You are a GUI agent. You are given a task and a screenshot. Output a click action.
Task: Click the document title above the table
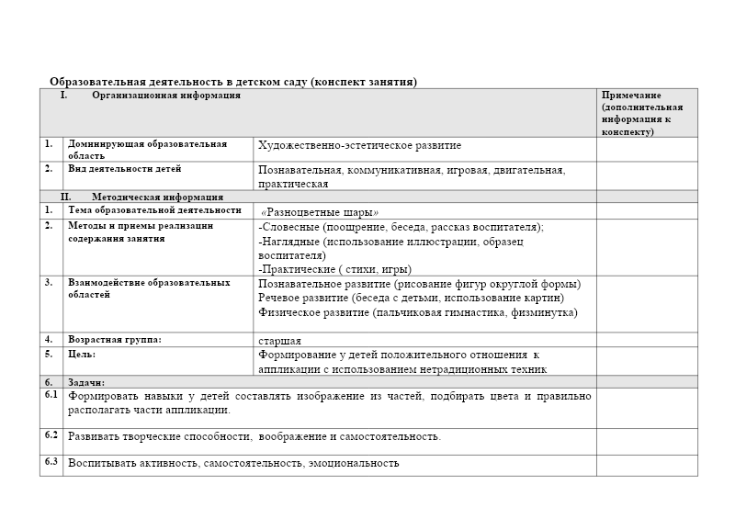coord(233,82)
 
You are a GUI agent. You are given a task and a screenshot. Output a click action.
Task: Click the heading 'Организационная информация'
coord(166,95)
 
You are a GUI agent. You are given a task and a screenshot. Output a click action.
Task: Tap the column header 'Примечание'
coord(632,95)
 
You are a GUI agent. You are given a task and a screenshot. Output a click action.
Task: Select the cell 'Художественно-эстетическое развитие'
coord(359,145)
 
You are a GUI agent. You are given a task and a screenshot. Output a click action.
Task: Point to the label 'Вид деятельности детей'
coord(124,169)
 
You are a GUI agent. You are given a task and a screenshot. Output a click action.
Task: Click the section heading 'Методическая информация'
coord(157,197)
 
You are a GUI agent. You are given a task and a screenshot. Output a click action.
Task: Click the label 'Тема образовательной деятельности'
coord(154,210)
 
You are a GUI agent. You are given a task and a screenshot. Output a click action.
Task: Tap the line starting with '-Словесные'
coord(401,227)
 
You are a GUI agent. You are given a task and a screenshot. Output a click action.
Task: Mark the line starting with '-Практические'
coord(334,269)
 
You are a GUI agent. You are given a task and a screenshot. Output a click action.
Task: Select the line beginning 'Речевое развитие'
coord(411,298)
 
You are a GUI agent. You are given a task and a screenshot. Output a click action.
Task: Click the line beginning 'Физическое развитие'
coord(417,312)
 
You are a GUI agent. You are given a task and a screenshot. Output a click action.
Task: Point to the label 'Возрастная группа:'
coord(114,340)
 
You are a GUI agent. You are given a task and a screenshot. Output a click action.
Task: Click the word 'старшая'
coord(279,341)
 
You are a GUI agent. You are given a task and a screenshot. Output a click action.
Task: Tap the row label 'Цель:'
coord(82,354)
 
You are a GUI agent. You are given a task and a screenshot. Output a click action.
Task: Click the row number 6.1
coord(51,395)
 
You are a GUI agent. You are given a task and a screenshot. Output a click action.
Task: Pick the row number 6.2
coord(51,434)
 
